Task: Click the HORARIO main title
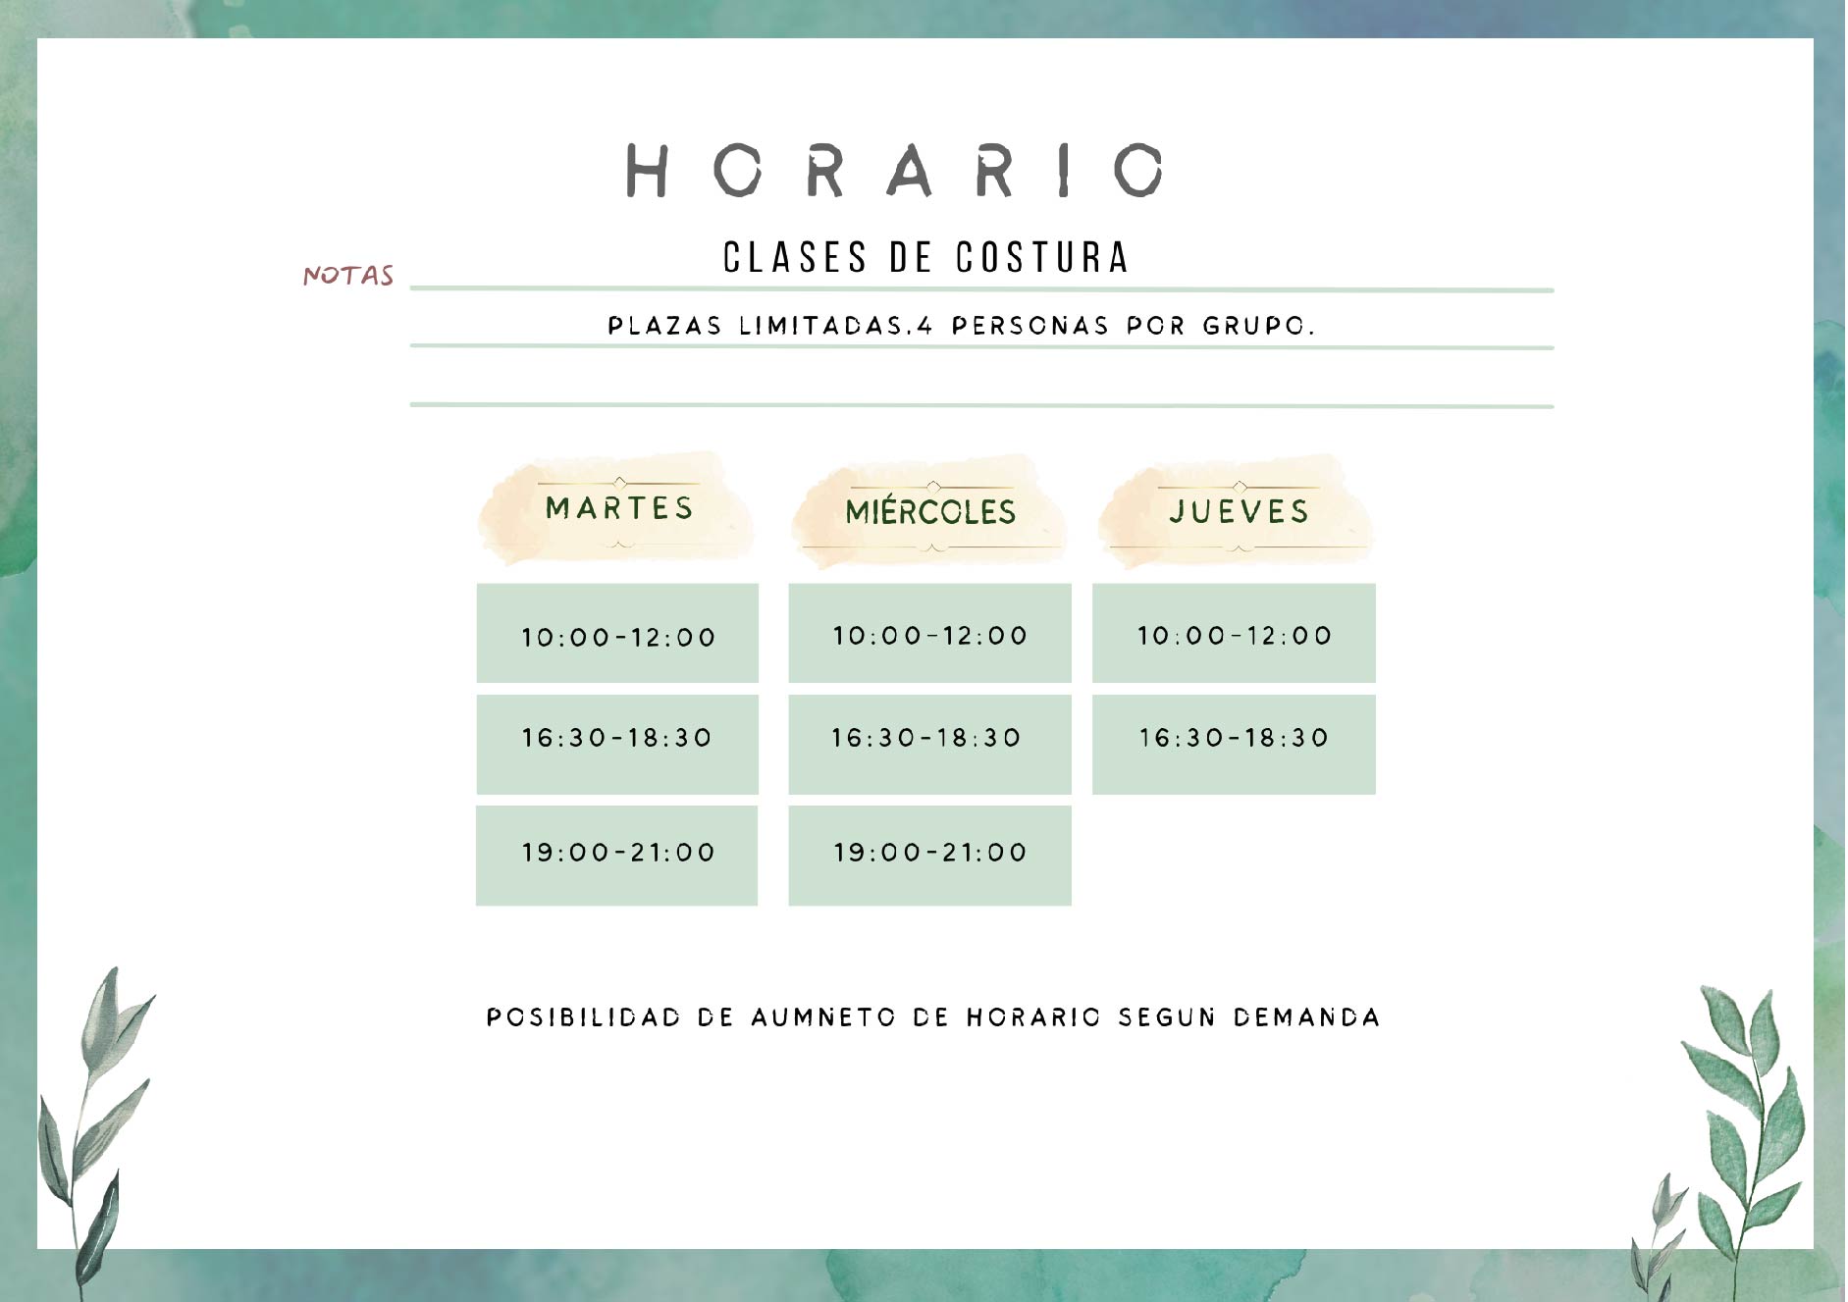(x=895, y=170)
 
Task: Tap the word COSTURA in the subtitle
(x=1042, y=257)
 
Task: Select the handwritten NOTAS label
(x=348, y=275)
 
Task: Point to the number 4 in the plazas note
(x=924, y=326)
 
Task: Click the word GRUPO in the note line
(x=1259, y=326)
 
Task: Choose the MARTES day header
(x=619, y=508)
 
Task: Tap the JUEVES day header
(x=1240, y=511)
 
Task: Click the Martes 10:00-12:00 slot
(x=617, y=633)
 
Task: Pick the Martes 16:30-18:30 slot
(x=617, y=744)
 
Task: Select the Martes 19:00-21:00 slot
(x=616, y=856)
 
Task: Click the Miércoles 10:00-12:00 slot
(x=929, y=633)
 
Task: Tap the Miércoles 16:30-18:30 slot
(x=929, y=744)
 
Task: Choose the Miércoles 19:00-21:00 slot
(x=929, y=856)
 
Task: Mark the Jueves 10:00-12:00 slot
(x=1234, y=633)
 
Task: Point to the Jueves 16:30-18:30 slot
(x=1234, y=744)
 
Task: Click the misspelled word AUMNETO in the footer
(x=823, y=1017)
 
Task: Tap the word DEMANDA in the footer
(x=1306, y=1017)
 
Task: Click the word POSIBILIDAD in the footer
(x=584, y=1017)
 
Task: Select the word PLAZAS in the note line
(x=664, y=326)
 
